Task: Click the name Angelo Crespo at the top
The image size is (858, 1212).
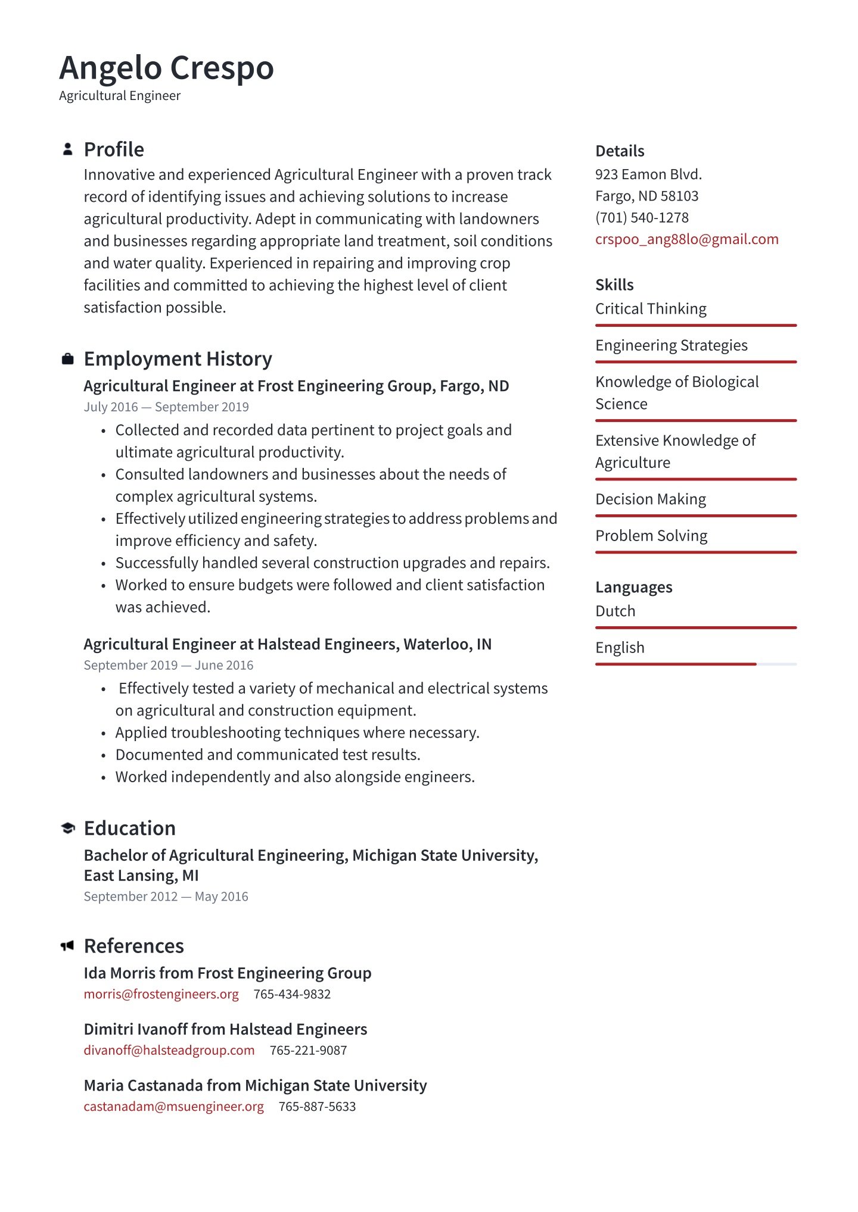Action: point(166,68)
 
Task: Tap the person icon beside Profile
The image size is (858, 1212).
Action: point(68,149)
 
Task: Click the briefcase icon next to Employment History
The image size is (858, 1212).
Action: point(68,359)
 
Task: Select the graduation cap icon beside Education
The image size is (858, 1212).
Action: point(68,828)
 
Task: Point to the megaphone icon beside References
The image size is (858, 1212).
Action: point(67,946)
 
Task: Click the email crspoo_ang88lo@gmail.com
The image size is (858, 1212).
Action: point(686,239)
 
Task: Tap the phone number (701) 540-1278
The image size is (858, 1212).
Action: point(642,218)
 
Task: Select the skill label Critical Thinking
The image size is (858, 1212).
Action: point(651,309)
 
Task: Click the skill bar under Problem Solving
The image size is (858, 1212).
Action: point(695,552)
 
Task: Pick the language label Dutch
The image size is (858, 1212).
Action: point(615,611)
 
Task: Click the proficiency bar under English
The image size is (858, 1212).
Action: point(695,664)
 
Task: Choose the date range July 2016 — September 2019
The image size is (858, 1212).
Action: point(166,407)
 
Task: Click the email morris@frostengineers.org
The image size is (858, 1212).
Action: point(161,994)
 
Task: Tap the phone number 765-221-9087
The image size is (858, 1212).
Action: point(308,1051)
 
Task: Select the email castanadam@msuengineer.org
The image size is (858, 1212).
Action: point(173,1107)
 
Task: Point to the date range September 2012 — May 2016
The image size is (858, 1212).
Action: point(166,896)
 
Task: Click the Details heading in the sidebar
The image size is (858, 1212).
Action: point(620,151)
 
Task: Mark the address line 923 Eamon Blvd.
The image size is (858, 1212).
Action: point(648,174)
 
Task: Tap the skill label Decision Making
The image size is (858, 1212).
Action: point(651,499)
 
